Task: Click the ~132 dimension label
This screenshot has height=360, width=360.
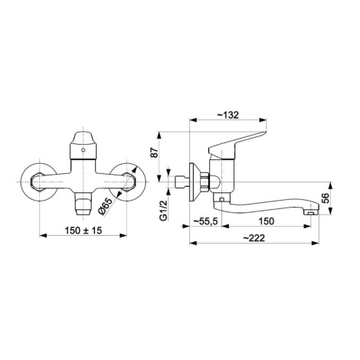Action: coord(228,115)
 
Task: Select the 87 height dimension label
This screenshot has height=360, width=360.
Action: coord(155,152)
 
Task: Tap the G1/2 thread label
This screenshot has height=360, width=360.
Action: coord(163,211)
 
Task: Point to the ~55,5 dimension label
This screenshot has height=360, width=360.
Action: coord(205,221)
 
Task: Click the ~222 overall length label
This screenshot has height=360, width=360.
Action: coord(254,238)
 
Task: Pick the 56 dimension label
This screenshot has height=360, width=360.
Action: coord(326,198)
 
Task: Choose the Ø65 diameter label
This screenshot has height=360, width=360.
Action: coord(106,207)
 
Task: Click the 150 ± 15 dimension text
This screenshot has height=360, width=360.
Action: coord(83,231)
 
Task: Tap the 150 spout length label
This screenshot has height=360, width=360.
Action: coord(267,221)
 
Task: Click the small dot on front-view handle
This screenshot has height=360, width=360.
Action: coord(83,150)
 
